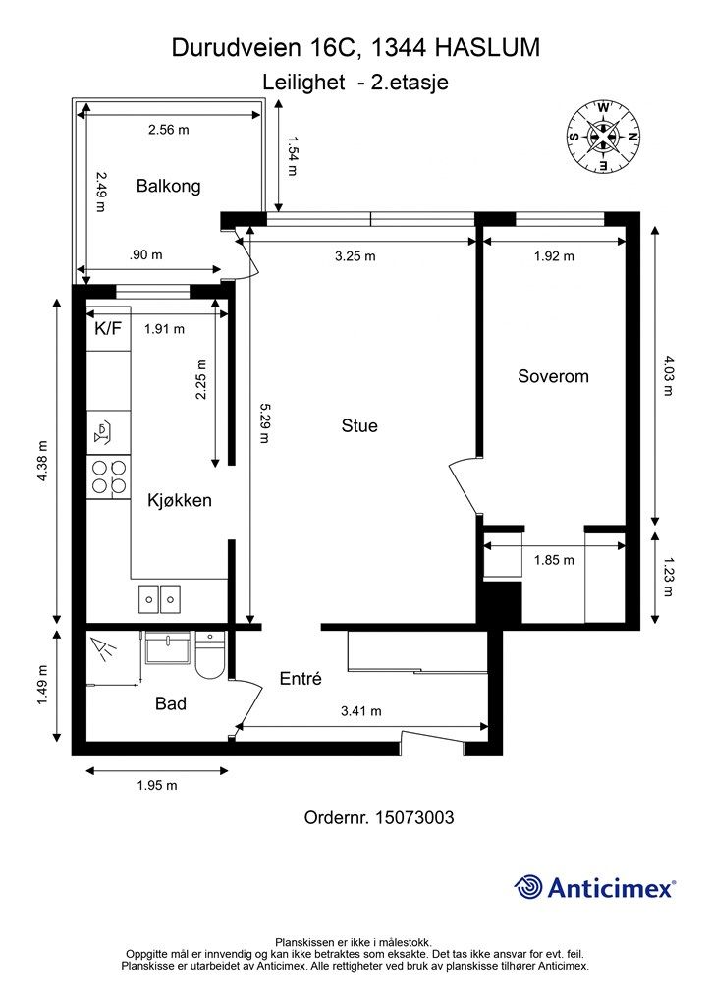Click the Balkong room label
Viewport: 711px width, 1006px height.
[169, 186]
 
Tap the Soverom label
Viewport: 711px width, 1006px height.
[553, 376]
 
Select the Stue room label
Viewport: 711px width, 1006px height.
[359, 426]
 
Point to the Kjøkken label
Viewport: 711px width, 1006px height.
[180, 500]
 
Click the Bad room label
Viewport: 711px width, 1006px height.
[171, 703]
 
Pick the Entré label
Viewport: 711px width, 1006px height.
[301, 678]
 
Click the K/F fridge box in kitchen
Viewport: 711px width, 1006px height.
[108, 330]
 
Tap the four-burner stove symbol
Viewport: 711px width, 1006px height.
[109, 476]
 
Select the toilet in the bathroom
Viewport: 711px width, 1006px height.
[209, 655]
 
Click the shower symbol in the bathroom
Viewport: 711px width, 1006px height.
[102, 648]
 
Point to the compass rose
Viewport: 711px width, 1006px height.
[603, 137]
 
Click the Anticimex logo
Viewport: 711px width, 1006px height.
[594, 887]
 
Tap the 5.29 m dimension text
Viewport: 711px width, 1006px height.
[263, 423]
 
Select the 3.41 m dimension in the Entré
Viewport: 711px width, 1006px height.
[361, 711]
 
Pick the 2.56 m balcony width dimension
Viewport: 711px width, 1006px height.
[169, 130]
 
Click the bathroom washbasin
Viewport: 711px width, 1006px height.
[168, 648]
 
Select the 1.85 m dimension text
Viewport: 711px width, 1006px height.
[554, 560]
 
